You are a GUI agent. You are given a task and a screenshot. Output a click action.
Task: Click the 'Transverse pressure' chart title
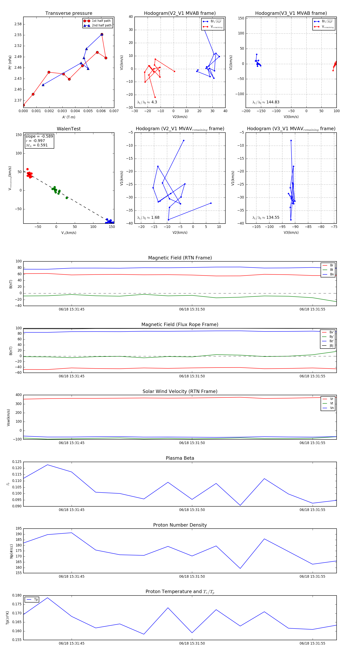pyautogui.click(x=69, y=13)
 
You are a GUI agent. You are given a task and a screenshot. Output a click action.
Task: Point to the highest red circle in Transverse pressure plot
pyautogui.click(x=102, y=34)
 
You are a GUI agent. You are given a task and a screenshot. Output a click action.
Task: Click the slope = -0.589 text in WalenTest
pyautogui.click(x=39, y=136)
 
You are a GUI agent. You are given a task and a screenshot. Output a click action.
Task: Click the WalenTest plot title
pyautogui.click(x=69, y=129)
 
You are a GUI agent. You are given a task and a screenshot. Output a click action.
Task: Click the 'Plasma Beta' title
pyautogui.click(x=180, y=458)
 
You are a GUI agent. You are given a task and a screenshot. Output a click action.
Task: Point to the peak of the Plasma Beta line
pyautogui.click(x=47, y=465)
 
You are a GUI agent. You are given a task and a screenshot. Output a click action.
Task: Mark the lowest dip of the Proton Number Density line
pyautogui.click(x=240, y=568)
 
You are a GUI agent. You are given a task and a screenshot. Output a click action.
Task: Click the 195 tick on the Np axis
pyautogui.click(x=18, y=528)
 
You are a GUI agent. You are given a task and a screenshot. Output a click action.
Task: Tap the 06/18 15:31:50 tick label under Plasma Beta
pyautogui.click(x=192, y=510)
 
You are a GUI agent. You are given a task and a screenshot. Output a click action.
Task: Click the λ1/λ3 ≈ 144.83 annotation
pyautogui.click(x=266, y=102)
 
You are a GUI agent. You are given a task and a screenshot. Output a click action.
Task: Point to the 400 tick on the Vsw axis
pyautogui.click(x=18, y=395)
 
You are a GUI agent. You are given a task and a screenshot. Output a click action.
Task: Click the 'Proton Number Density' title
pyautogui.click(x=180, y=525)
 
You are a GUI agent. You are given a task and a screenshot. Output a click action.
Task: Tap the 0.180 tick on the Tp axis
pyautogui.click(x=17, y=595)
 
